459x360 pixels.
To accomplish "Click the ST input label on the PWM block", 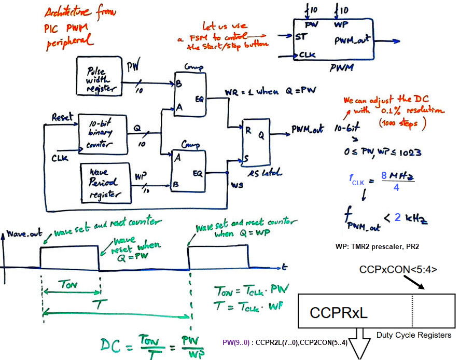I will (300, 37).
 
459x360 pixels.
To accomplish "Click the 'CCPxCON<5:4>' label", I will (398, 269).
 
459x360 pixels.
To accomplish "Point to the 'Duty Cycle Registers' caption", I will (413, 335).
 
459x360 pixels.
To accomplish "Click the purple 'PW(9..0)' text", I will (236, 342).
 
